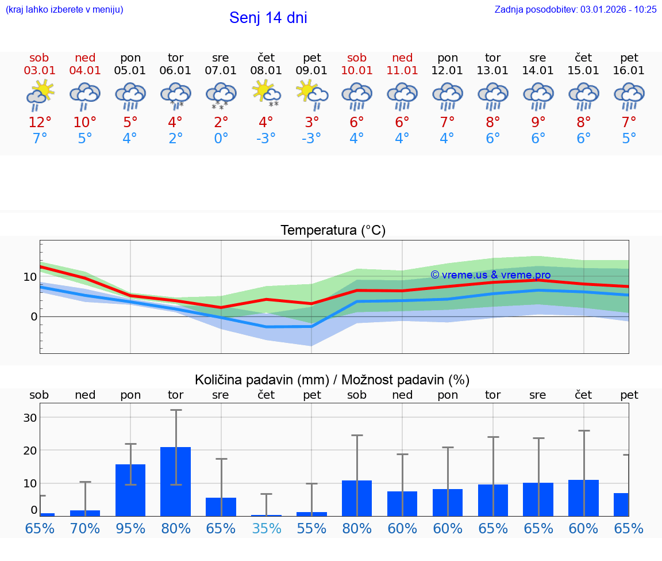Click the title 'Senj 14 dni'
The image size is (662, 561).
268,18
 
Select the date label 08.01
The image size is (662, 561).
266,71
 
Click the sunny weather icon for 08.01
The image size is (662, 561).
266,94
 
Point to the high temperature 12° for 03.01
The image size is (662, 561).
40,122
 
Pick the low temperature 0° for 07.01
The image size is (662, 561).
221,139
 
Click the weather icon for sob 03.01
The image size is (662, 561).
40,95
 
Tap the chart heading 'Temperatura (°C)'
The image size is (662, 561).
333,231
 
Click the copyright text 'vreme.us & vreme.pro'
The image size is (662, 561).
490,275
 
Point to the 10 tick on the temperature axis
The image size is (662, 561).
30,277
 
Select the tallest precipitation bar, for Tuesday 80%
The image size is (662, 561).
175,481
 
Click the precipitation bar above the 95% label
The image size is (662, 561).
130,490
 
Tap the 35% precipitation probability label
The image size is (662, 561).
266,528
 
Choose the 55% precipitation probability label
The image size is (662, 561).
311,528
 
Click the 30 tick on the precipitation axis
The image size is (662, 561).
30,417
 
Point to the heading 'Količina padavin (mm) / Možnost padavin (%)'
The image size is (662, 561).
332,380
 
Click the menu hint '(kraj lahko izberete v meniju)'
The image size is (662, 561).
64,9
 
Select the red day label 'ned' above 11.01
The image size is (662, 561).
402,58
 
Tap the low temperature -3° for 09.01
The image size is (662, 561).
311,139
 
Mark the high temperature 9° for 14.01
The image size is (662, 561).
538,122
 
